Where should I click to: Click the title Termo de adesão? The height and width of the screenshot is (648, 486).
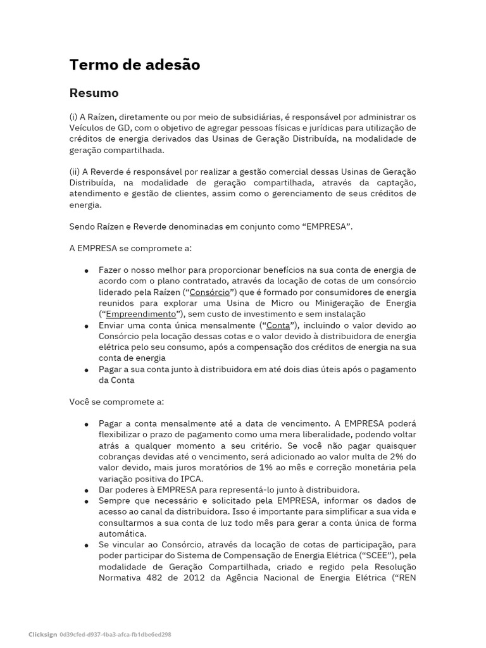(x=134, y=65)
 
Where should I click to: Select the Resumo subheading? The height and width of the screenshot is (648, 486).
(x=94, y=93)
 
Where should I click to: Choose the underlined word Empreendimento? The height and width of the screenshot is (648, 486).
(x=140, y=314)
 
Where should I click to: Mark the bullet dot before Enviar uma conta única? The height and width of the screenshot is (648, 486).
(x=86, y=325)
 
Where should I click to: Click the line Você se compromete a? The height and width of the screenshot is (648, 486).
(x=116, y=401)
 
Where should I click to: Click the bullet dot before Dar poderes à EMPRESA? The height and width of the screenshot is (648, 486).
(x=86, y=490)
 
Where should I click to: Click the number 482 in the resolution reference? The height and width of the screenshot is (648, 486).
(x=155, y=577)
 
